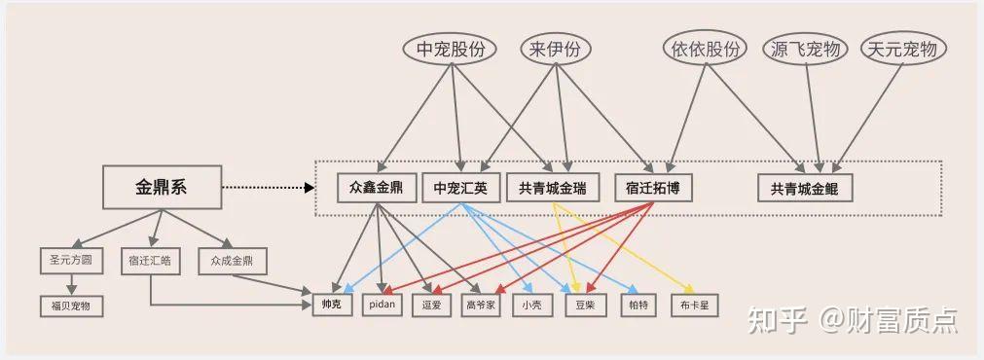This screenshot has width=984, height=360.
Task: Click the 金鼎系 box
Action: pos(162,187)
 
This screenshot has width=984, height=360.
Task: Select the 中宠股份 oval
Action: pos(450,50)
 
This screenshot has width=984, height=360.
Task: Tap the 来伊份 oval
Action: pos(555,50)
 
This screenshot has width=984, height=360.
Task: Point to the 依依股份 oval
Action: pos(705,50)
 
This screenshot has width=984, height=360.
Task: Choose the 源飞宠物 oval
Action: pos(805,50)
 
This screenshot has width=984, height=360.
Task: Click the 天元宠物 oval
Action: pos(903,50)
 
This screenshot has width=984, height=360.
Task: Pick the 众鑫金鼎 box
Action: pos(376,188)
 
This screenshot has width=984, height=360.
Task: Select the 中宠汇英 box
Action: pos(460,188)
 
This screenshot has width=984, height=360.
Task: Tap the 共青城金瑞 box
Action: pos(552,188)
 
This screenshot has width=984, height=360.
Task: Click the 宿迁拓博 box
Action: pos(653,188)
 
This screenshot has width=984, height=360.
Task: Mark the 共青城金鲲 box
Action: pos(804,188)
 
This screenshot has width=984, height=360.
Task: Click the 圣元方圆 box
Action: pos(71,261)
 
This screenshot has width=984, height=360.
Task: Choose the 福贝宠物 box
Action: pos(71,306)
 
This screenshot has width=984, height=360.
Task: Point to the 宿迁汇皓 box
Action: pos(150,261)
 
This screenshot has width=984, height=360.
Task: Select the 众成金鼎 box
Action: pos(233,261)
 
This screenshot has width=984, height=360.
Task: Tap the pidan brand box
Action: pos(383,305)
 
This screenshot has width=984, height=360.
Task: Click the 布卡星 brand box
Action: pos(694,305)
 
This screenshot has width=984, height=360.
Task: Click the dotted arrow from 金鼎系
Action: pos(268,187)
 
